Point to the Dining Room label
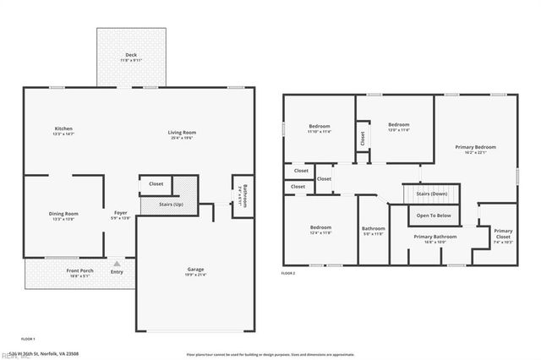pyautogui.click(x=63, y=215)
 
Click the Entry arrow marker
pyautogui.click(x=117, y=263)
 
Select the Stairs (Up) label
pyautogui.click(x=172, y=205)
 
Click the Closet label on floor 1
pyautogui.click(x=156, y=183)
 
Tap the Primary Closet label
pyautogui.click(x=503, y=233)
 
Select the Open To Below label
pyautogui.click(x=434, y=215)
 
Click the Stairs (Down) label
pyautogui.click(x=432, y=194)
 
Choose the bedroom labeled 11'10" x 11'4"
pyautogui.click(x=320, y=128)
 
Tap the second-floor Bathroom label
pyautogui.click(x=374, y=230)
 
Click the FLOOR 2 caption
pyautogui.click(x=288, y=273)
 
